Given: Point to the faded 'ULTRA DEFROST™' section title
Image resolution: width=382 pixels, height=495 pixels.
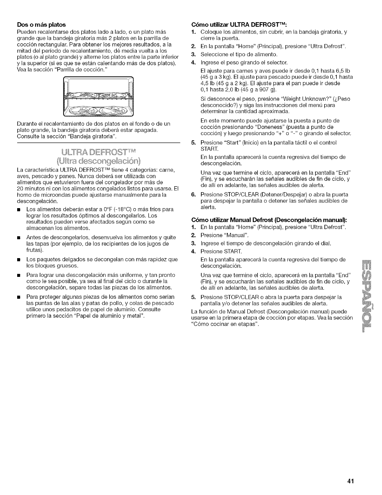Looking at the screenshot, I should tap(99, 152).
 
